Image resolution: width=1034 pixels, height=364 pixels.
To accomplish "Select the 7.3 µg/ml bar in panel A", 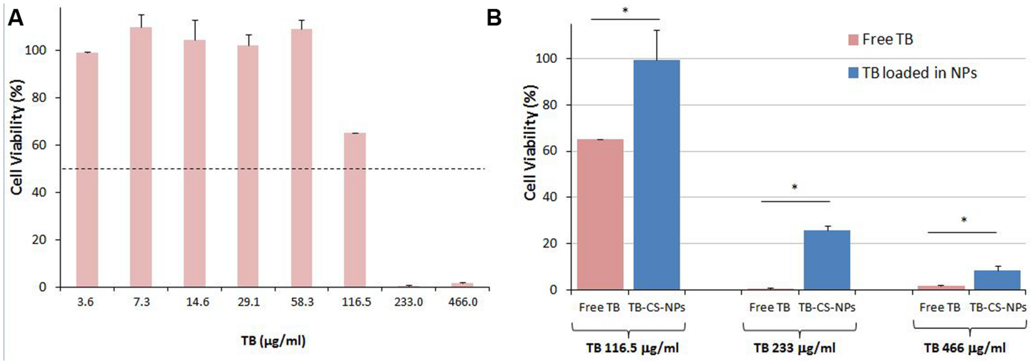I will pos(141,157).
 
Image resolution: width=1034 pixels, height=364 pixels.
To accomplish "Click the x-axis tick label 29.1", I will pos(249,302).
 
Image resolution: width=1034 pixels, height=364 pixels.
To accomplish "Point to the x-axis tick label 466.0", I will pos(463,302).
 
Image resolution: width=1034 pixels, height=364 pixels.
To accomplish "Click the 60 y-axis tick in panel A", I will pos(39,145).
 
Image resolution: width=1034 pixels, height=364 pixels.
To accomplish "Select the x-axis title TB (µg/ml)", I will pos(273,341).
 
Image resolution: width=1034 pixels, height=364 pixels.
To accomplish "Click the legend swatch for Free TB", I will pos(853,40).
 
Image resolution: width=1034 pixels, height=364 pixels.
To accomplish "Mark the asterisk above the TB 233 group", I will pos(795,187).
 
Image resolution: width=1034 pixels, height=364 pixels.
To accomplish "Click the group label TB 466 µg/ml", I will pos(965,348).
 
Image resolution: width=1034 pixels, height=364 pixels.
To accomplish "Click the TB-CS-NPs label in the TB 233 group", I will pos(827,308).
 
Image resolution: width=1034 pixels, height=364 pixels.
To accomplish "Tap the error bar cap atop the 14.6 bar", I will pos(195,20).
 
